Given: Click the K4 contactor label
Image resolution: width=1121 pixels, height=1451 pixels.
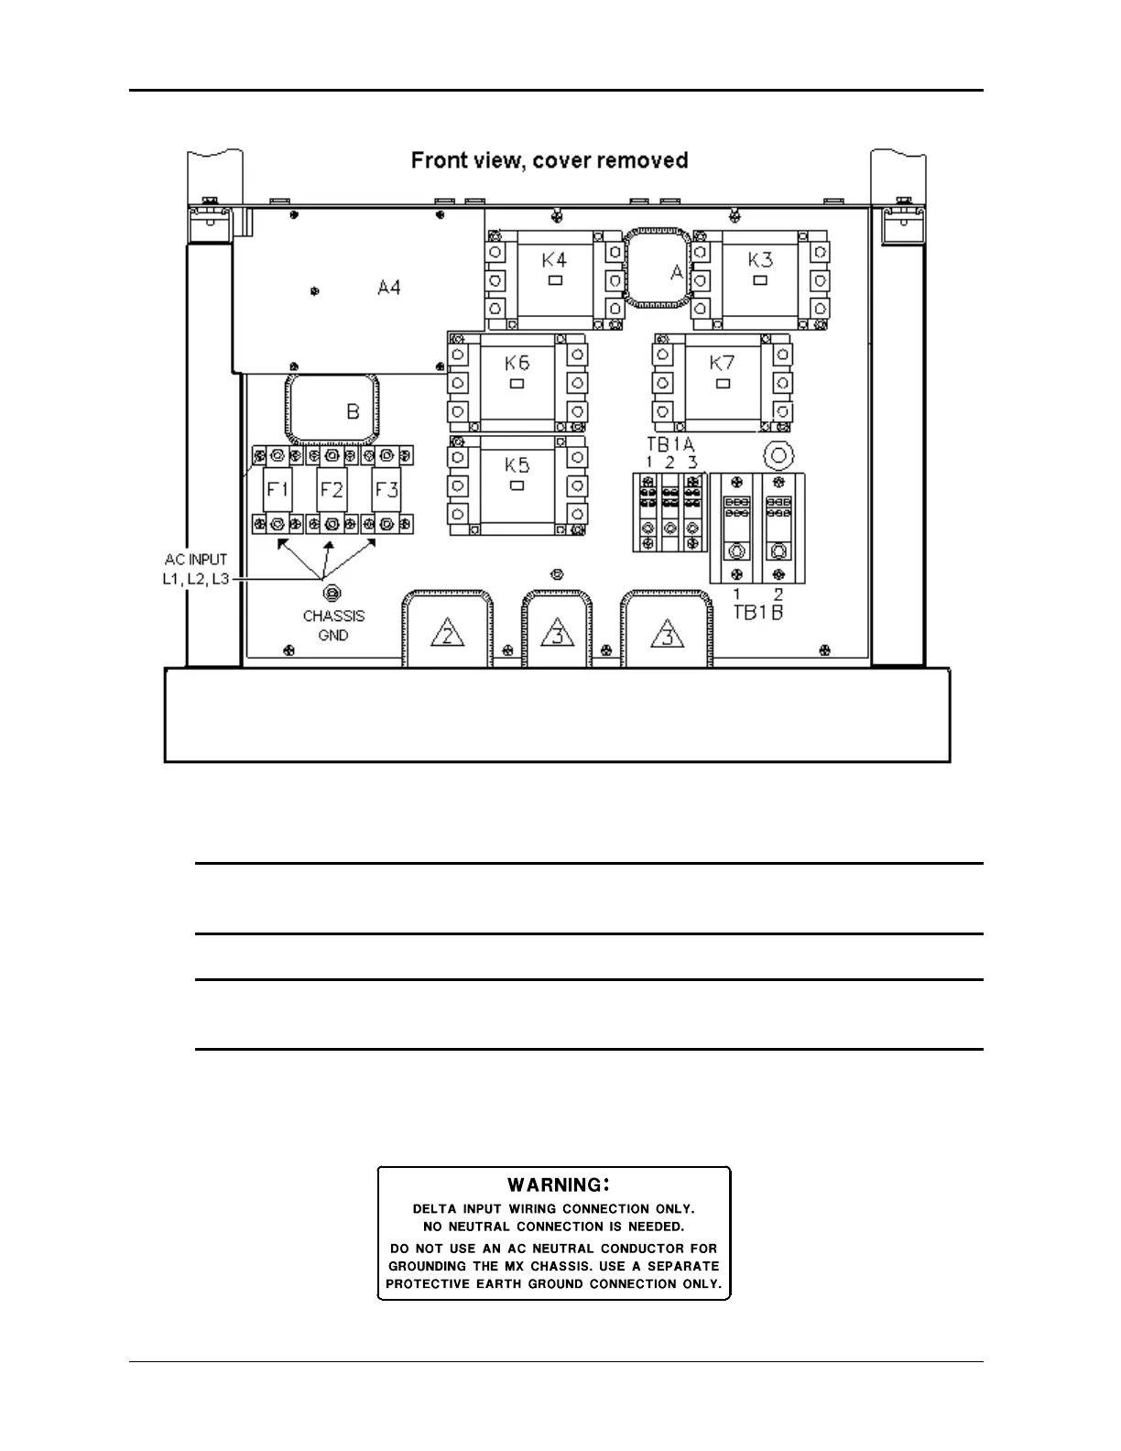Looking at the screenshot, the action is [554, 259].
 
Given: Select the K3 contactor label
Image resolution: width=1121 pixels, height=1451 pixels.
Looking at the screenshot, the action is [760, 259].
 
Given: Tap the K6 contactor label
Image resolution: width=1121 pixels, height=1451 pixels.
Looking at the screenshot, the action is [517, 363].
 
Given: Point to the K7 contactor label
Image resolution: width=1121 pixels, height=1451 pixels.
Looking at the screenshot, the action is [722, 363].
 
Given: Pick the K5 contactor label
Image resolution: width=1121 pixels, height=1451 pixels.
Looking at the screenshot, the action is [517, 464].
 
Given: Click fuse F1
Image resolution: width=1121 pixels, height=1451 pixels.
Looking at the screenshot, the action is [278, 489].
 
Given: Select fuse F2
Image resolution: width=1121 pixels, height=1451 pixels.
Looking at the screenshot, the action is [332, 489].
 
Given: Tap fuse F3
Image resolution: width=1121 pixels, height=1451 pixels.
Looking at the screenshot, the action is [386, 489].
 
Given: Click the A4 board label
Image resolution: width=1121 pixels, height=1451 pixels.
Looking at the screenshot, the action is [389, 288].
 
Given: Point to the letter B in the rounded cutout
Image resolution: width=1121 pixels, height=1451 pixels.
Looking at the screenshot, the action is [354, 412].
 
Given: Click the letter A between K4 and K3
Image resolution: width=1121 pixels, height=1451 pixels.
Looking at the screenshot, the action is [677, 272].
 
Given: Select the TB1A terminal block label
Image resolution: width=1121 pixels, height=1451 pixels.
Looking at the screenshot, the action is [670, 444].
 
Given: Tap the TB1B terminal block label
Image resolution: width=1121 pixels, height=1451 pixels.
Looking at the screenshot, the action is [758, 612].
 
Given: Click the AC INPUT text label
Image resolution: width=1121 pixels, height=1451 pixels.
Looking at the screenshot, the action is [196, 560].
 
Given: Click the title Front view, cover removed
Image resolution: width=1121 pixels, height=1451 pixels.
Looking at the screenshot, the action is [550, 161].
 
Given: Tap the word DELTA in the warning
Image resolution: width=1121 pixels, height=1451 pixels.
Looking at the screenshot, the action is [434, 1209].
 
